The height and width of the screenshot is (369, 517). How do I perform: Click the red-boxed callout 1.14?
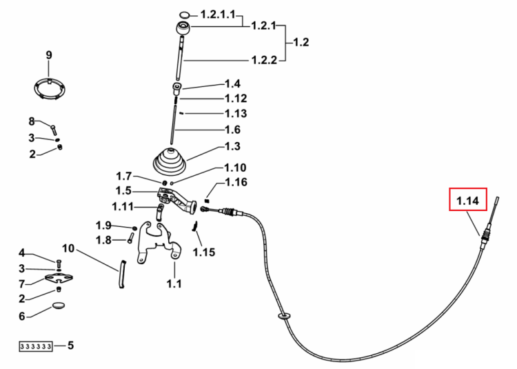(x=468, y=199)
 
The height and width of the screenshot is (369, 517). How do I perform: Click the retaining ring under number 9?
(x=50, y=88)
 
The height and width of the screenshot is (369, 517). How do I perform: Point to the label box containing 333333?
(x=36, y=346)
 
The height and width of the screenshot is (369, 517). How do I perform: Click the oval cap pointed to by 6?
(x=59, y=306)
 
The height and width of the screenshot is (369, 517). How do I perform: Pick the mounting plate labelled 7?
(x=59, y=279)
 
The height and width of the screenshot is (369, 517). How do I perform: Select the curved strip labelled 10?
(x=122, y=274)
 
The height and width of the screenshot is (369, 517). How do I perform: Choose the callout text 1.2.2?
(x=264, y=60)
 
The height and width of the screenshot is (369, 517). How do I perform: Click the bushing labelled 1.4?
(x=177, y=89)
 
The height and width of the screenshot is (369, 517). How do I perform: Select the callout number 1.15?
(x=204, y=252)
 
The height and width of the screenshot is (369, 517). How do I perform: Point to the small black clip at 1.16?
(x=207, y=200)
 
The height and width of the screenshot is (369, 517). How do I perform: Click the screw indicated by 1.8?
(x=130, y=238)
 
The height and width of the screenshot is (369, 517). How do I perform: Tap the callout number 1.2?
(x=301, y=42)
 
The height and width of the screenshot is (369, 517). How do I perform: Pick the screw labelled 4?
(x=59, y=263)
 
